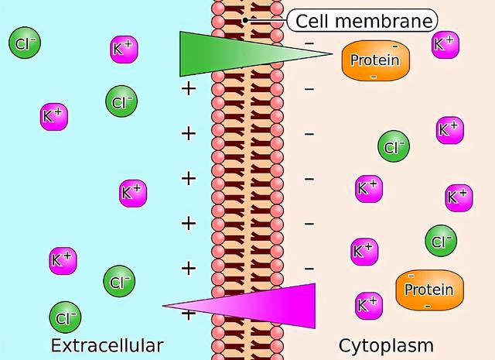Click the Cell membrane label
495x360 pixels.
[361, 19]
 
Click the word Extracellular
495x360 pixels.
[108, 345]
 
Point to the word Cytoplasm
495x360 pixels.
[385, 345]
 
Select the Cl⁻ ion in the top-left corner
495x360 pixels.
[24, 44]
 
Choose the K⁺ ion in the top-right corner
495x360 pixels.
[445, 44]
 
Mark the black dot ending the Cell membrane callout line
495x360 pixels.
[245, 20]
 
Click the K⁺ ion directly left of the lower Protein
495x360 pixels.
[367, 304]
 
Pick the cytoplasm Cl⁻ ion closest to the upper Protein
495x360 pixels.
[393, 146]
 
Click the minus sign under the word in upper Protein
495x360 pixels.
[374, 77]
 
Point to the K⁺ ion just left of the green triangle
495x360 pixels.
[124, 49]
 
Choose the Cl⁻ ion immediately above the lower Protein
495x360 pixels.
[440, 242]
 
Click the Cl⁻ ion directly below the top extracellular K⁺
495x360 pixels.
[121, 101]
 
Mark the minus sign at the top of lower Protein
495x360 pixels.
[411, 276]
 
